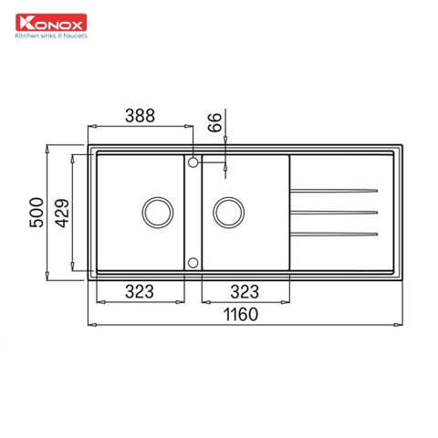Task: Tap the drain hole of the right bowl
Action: tap(228, 212)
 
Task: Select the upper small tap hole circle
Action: tap(193, 162)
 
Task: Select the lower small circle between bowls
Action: tap(193, 262)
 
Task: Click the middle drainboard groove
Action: tap(334, 213)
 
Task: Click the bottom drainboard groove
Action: tap(334, 235)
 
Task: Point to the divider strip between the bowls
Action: tap(193, 212)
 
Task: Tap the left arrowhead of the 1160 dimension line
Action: tap(91, 323)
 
